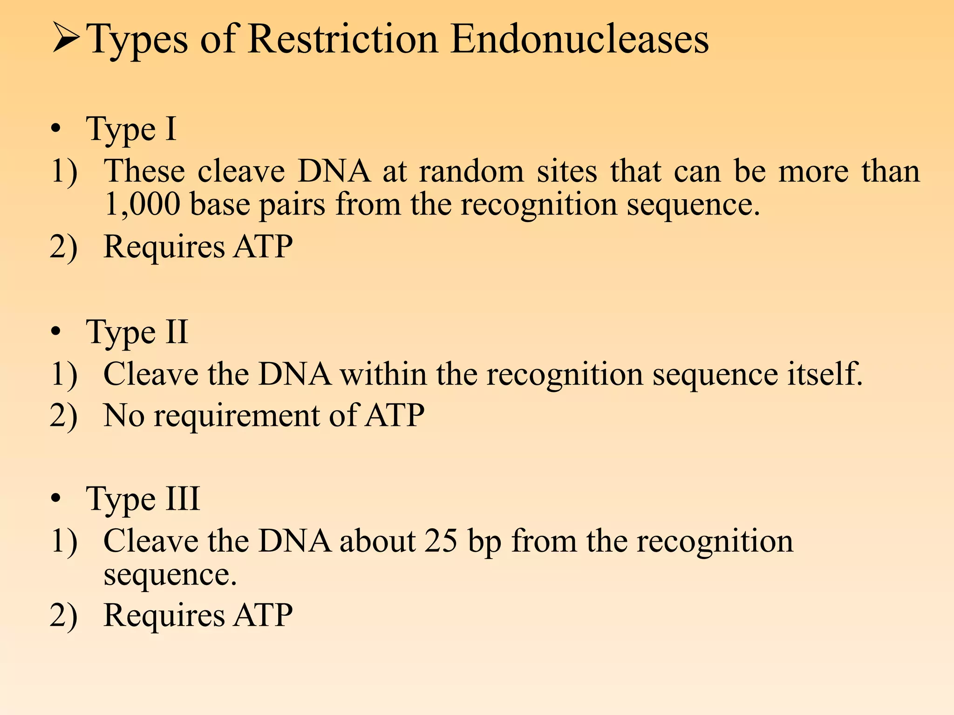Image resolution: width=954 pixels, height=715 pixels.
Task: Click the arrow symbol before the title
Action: coord(66,38)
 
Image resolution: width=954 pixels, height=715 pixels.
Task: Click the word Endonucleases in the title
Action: coord(579,39)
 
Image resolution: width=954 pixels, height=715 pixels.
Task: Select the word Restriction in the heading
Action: coord(343,39)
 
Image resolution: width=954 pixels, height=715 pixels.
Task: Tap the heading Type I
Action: coord(131,129)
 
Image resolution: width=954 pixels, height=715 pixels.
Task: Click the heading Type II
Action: coord(137,332)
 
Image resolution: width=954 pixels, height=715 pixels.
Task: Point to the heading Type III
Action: coord(143,499)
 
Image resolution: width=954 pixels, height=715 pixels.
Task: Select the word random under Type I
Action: coord(471,171)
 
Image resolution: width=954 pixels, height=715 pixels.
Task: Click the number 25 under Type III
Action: coord(440,541)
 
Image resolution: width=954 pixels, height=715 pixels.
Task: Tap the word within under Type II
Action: coord(383,374)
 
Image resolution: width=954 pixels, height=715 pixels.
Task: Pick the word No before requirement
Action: coord(123,415)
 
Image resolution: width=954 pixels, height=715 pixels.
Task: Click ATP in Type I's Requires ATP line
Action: coord(263,247)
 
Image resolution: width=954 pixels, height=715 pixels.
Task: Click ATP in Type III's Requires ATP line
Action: coord(263,615)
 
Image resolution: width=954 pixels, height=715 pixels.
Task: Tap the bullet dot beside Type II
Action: coord(56,332)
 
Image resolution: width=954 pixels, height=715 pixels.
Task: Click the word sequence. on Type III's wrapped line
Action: coord(170,575)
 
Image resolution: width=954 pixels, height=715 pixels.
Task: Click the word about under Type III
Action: coord(377,541)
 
